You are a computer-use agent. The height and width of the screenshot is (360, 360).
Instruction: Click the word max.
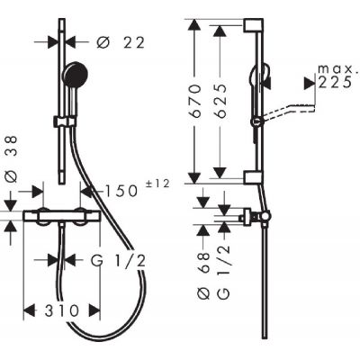click(332, 69)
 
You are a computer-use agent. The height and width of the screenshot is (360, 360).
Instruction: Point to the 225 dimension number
click(333, 83)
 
